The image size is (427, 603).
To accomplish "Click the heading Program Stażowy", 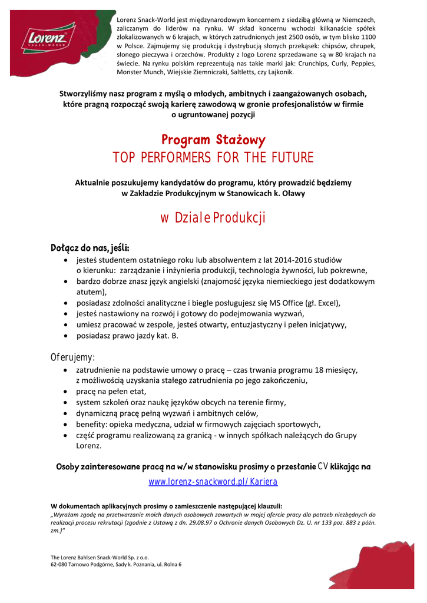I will [x=213, y=140].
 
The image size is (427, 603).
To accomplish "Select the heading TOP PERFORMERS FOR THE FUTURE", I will [x=213, y=158].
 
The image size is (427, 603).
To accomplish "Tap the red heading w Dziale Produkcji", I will [x=213, y=218].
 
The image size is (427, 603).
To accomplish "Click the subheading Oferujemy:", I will [x=72, y=357].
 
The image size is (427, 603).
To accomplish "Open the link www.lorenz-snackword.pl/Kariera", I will [x=213, y=482].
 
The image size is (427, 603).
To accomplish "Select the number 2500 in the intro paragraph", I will [x=303, y=37].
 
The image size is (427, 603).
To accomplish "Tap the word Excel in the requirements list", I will [x=326, y=303].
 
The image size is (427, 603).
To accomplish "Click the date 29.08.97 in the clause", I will [x=186, y=522].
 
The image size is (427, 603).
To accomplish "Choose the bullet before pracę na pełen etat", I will [x=65, y=391].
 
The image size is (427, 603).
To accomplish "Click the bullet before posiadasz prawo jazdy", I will [x=65, y=336].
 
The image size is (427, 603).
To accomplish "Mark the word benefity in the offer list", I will [x=92, y=424].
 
